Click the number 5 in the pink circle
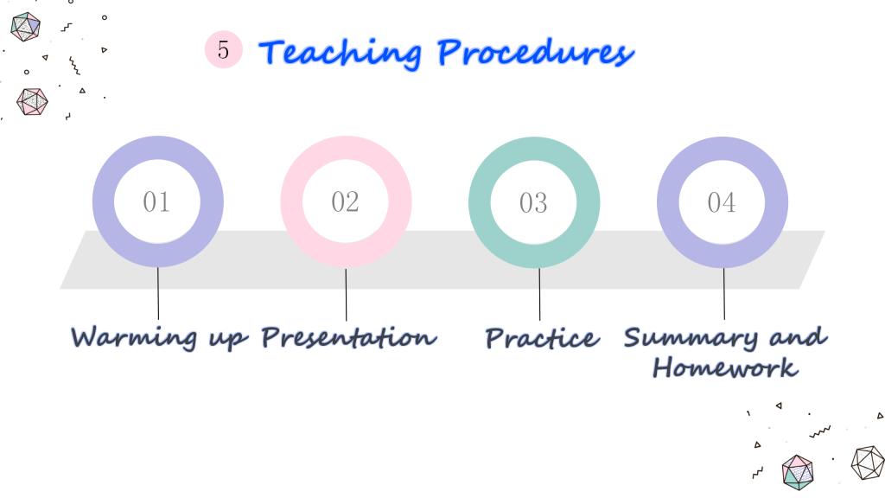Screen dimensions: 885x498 224,49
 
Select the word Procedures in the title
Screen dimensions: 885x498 536,52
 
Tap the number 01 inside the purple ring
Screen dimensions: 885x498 156,201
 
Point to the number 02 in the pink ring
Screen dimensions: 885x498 345,201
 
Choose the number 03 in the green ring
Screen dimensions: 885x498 533,202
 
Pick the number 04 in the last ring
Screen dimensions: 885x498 722,202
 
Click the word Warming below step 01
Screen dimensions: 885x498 134,338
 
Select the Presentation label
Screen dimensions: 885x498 349,337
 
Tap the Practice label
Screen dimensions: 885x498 542,338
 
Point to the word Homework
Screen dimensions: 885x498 725,367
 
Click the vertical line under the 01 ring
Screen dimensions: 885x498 158,293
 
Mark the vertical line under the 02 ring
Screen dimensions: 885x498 346,294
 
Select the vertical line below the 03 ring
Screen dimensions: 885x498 539,294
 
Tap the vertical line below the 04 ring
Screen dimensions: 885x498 724,294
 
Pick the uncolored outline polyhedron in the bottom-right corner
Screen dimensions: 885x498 868,463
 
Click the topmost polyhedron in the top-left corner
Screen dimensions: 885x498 25,27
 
